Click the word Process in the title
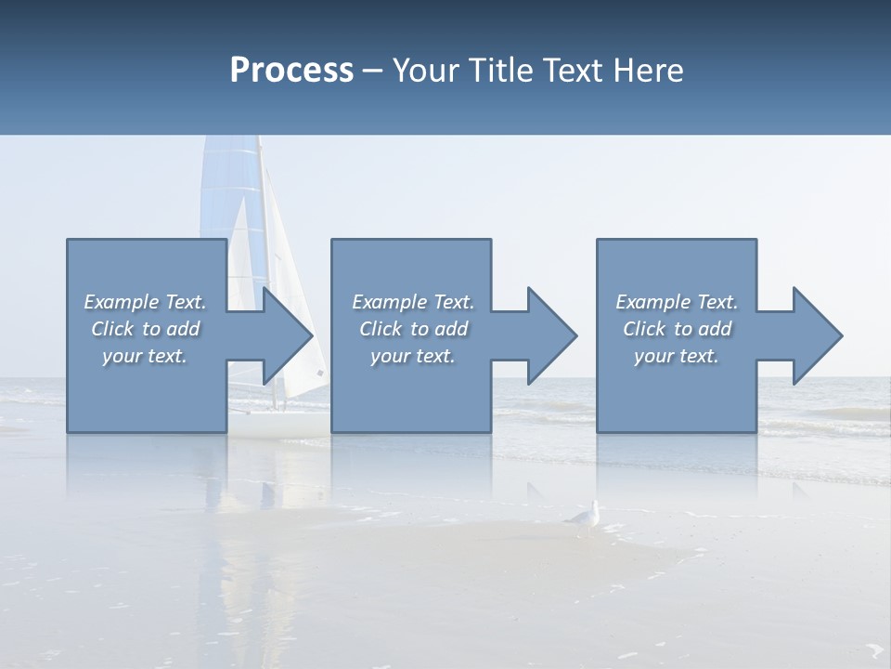(291, 71)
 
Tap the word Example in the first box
(121, 302)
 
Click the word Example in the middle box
(389, 302)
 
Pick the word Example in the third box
(652, 302)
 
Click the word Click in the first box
(112, 329)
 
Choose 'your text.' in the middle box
(412, 356)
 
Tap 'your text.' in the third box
(677, 356)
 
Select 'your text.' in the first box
(145, 356)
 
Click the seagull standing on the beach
(585, 518)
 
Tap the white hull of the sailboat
(278, 423)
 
